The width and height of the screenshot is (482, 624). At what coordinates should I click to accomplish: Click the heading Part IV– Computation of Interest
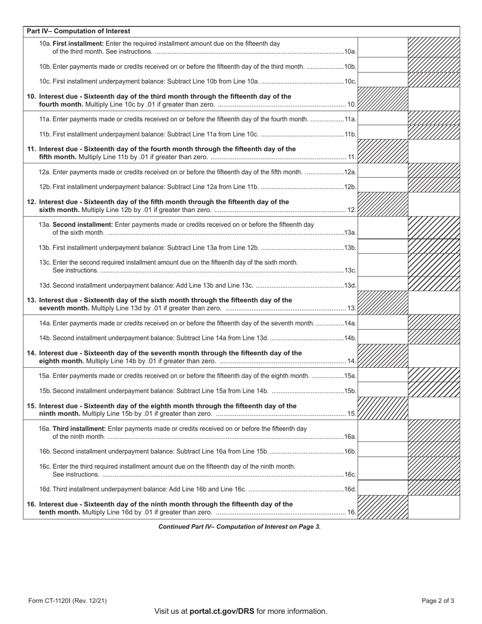pos(79,31)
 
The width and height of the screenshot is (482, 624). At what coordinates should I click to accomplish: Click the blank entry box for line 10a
pos(383,47)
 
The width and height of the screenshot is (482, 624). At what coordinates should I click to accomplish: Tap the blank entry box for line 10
pos(434,99)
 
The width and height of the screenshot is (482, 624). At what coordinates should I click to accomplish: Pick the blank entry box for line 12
pos(434,204)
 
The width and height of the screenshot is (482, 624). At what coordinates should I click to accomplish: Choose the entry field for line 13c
pos(383,265)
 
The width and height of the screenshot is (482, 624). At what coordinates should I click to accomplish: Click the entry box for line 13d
pos(383,284)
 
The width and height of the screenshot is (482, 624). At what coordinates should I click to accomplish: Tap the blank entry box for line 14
pos(434,356)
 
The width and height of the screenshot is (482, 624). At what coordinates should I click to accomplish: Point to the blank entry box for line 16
pos(434,507)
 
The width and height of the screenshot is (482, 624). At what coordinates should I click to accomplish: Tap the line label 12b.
pos(351,187)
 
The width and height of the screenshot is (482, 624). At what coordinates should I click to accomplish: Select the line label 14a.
pos(351,324)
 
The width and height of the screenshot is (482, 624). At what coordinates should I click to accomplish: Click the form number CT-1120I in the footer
pos(67,601)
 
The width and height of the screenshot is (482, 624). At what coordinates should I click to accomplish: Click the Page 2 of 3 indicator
pos(438,601)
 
